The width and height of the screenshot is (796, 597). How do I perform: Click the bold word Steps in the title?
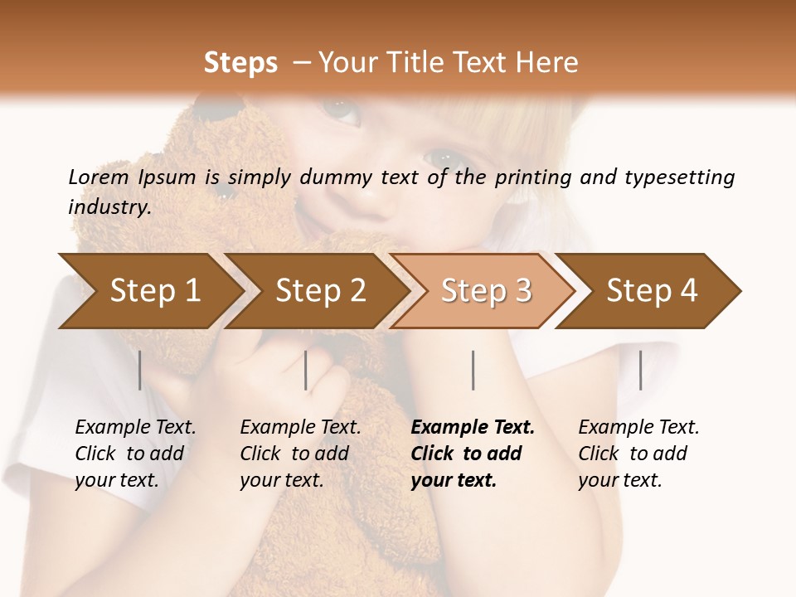click(240, 63)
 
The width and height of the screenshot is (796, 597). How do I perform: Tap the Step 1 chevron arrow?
click(154, 290)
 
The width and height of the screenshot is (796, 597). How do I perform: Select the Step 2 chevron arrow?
click(320, 290)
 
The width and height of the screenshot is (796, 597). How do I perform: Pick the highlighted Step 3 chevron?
click(486, 290)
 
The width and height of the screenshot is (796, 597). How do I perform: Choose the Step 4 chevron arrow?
click(652, 290)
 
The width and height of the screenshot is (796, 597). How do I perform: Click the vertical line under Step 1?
click(140, 370)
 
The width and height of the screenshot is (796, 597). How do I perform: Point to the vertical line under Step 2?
click(306, 370)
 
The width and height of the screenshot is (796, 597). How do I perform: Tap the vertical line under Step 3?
click(473, 370)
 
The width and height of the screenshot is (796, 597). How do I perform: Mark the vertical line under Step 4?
click(641, 370)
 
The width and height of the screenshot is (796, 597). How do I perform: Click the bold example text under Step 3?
click(472, 454)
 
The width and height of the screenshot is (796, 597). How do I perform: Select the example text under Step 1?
click(135, 454)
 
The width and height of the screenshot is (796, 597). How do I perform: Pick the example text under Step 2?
click(300, 454)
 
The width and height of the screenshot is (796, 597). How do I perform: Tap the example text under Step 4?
click(638, 454)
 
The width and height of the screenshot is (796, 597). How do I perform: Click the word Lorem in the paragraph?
click(98, 177)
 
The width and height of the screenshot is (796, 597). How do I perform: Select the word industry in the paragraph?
click(109, 207)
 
